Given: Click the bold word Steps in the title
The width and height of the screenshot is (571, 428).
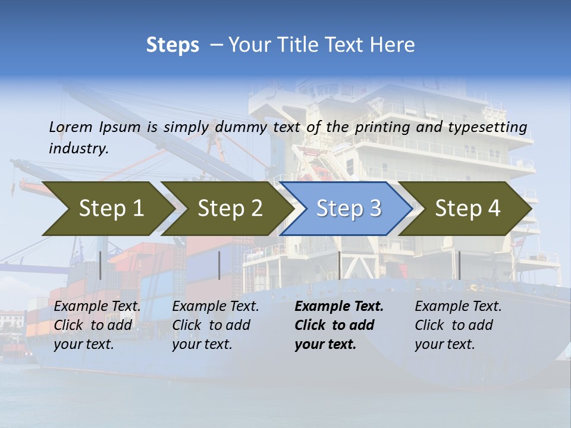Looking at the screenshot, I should point(172,45).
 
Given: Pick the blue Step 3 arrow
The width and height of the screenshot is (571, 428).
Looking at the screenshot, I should point(349,208).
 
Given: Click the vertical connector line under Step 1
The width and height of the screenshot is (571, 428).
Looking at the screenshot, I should point(101,265).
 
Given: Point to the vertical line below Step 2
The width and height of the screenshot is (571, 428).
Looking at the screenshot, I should point(219,265).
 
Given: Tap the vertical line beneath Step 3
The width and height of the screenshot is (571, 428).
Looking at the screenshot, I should point(339,265).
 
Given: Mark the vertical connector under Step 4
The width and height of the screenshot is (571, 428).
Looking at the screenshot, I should point(459,265).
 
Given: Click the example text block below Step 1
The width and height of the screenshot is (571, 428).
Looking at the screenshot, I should point(97,325).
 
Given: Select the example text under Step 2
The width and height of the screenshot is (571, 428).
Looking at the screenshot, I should point(215,325).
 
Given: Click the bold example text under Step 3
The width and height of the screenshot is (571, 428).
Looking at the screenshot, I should point(338,325).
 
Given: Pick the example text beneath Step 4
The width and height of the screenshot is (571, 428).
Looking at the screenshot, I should point(458,325).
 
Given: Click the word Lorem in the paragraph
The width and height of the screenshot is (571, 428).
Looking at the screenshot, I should point(71,127).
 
